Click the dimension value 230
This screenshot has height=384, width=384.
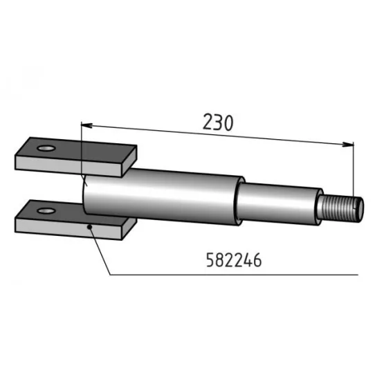pos(219,123)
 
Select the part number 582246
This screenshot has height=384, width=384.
pos(233,260)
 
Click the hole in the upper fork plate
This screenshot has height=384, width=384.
pos(46,148)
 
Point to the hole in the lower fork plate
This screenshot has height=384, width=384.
pos(46,209)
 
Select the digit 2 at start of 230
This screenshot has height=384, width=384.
pos(208,123)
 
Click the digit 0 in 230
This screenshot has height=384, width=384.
pos(229,123)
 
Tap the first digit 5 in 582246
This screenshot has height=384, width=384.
pos(210,260)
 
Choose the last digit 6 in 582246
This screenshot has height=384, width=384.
pos(256,260)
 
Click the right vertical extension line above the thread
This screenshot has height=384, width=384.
pos(354,170)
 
